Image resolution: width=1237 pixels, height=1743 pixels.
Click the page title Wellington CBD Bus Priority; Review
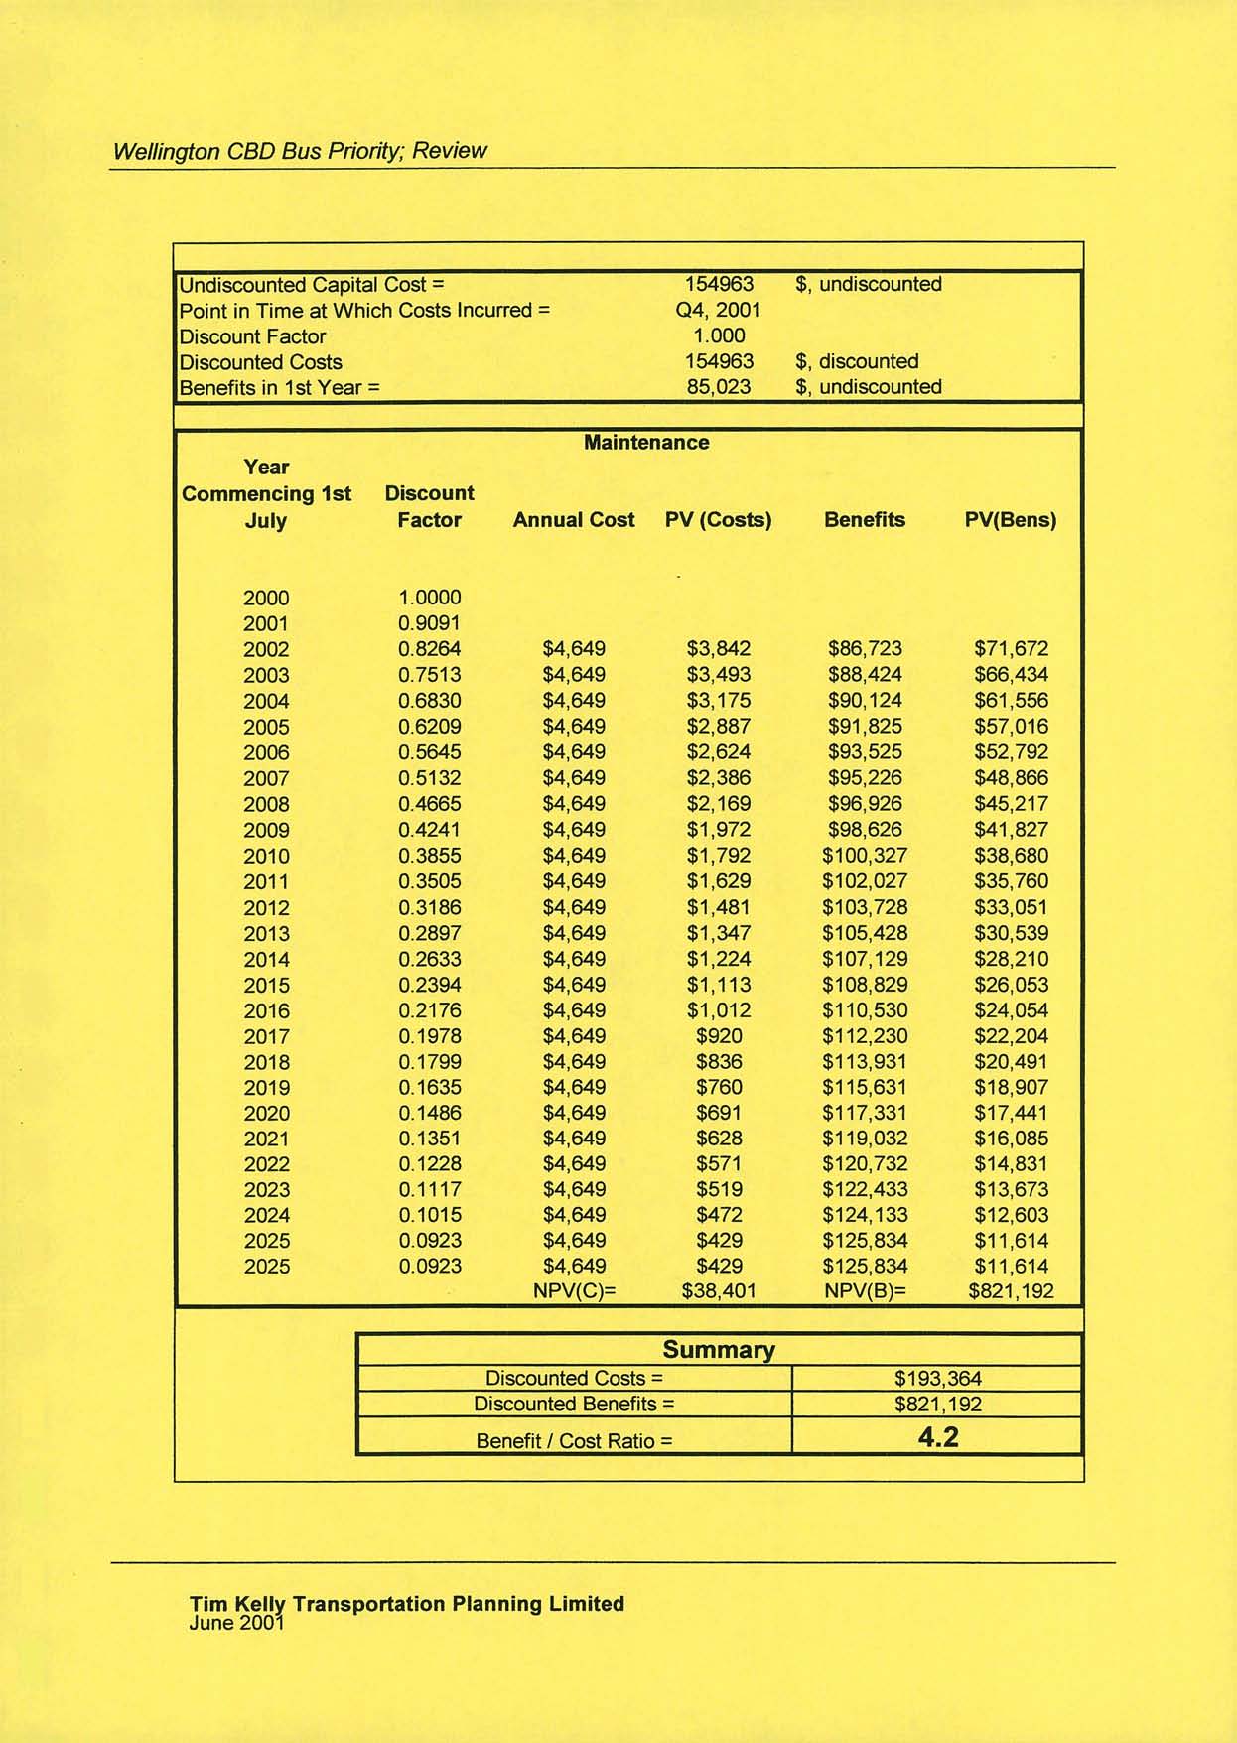point(300,151)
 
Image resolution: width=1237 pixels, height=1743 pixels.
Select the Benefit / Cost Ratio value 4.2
point(938,1437)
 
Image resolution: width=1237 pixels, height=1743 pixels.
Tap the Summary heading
point(718,1350)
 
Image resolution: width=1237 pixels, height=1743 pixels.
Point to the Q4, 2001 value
point(718,310)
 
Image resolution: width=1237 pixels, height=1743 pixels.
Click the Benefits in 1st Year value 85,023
point(719,387)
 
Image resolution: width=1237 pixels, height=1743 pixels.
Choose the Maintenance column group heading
point(646,443)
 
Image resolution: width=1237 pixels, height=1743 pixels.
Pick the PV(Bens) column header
point(1011,520)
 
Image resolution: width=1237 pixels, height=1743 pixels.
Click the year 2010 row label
point(266,856)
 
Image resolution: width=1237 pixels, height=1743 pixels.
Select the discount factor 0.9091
point(429,623)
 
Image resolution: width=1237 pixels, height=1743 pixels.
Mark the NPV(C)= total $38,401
point(719,1291)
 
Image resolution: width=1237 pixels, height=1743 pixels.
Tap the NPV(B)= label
point(865,1291)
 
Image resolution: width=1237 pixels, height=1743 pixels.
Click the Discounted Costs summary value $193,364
point(938,1378)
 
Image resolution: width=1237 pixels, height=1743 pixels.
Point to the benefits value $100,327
point(865,856)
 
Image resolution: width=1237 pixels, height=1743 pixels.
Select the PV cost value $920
point(719,1036)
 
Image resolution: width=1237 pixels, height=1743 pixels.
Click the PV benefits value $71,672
point(1011,649)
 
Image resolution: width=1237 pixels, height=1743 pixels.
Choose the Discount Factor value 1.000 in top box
point(719,335)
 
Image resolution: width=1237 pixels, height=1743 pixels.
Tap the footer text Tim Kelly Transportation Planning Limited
point(407,1604)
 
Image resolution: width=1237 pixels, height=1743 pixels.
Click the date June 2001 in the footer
point(236,1623)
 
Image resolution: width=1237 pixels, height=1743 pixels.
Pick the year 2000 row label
point(266,598)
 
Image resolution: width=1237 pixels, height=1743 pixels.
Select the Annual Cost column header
point(574,520)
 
